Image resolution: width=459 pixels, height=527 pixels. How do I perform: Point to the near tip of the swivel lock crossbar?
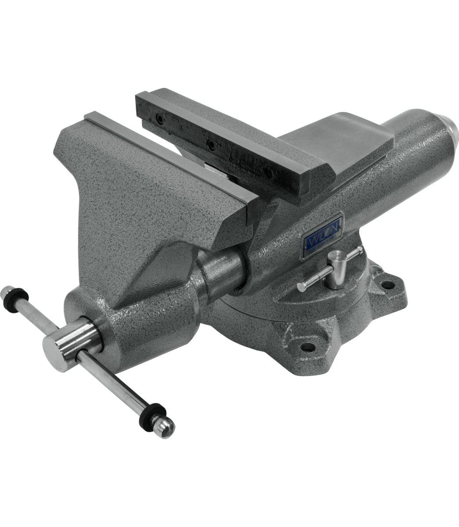tap(301, 287)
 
